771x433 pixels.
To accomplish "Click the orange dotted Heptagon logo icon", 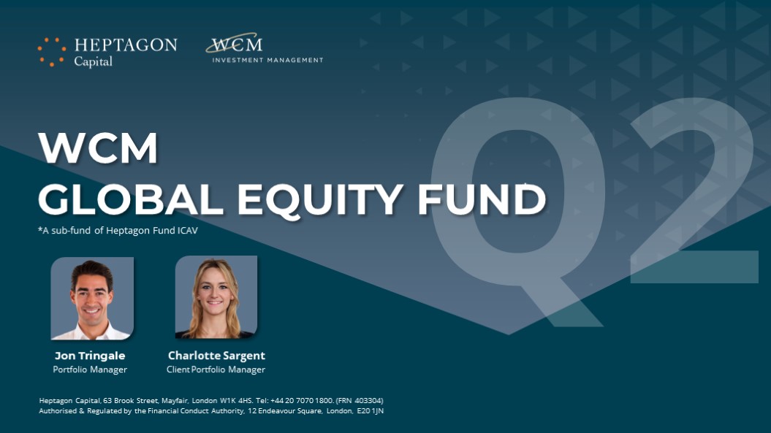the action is tap(52, 52).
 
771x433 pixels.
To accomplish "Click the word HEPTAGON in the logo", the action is tap(126, 45).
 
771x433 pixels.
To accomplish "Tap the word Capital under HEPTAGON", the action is tap(94, 61).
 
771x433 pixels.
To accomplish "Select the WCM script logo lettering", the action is tap(235, 44).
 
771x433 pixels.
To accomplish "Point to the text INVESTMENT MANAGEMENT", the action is tap(267, 60).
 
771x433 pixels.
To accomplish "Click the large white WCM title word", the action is tap(98, 147).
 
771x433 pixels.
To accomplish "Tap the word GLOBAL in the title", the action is tap(131, 199).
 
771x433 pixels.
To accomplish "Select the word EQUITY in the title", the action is tap(320, 201).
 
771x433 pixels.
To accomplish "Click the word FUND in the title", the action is tap(482, 199).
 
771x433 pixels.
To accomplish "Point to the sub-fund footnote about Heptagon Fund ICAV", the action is tap(118, 230).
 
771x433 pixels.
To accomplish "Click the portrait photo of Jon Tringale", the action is tap(92, 299).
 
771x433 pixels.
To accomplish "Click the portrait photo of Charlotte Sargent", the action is tap(216, 297).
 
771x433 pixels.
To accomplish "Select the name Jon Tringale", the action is tap(90, 356).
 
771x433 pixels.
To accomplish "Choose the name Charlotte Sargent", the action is tap(216, 356).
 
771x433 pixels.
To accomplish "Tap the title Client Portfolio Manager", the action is tap(216, 369).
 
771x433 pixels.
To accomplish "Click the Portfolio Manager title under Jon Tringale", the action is tap(90, 369).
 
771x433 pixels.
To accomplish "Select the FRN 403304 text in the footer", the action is tap(360, 401).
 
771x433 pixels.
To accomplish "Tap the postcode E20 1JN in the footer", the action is tap(371, 411).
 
